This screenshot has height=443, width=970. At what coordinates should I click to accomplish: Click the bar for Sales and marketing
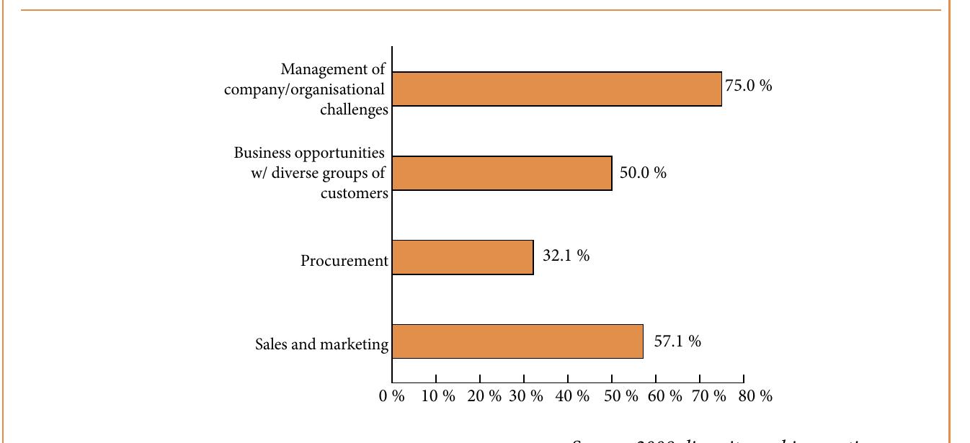tap(517, 341)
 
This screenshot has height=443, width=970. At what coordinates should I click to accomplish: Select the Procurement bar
tap(463, 257)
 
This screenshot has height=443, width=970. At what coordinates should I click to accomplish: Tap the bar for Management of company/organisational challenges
tap(556, 89)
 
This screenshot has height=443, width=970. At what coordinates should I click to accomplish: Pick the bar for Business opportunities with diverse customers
tap(502, 173)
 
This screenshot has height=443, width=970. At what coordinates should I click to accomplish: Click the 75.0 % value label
tap(748, 86)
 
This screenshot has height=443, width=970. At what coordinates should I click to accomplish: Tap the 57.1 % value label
tap(677, 341)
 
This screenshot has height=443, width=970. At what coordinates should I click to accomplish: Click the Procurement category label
tap(344, 261)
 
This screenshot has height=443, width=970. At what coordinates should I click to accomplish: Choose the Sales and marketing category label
tap(321, 344)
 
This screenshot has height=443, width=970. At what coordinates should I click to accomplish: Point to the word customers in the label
tap(354, 194)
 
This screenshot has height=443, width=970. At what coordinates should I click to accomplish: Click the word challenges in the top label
tap(354, 110)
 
